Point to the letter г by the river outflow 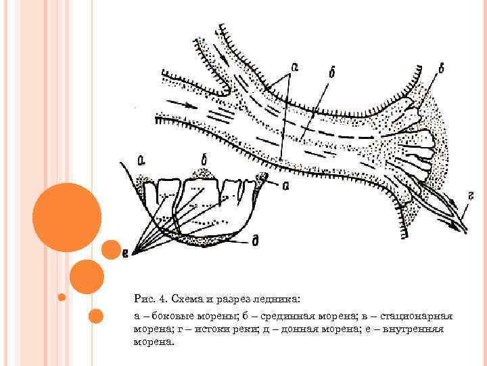click(469, 196)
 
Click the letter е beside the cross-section click(126, 253)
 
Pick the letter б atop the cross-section click(204, 161)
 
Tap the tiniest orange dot click(62, 297)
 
